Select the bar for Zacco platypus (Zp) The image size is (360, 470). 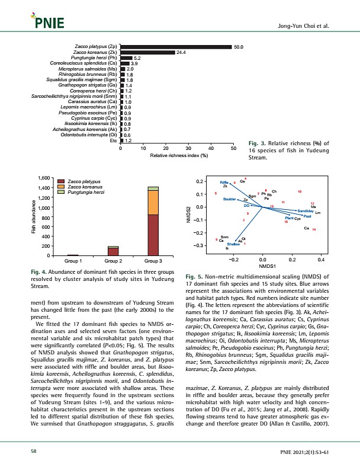(x=175, y=46)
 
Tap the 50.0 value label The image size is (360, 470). (x=239, y=46)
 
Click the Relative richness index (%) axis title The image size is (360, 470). (x=178, y=155)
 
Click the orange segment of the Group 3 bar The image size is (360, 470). (x=153, y=202)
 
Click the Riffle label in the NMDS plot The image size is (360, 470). (x=224, y=181)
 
